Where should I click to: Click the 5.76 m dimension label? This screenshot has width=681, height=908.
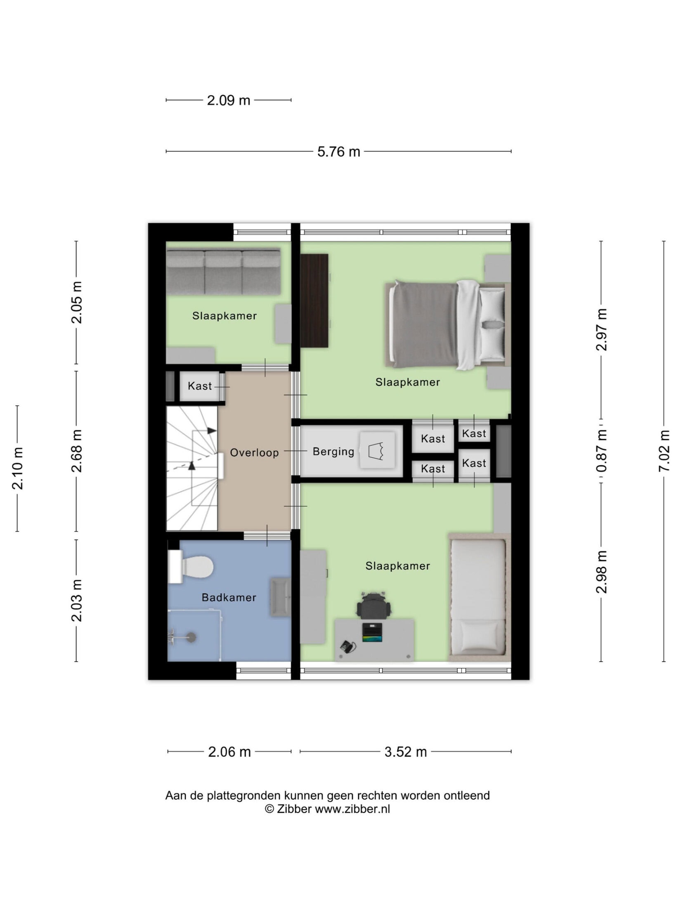click(338, 152)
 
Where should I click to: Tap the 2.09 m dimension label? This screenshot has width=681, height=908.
click(228, 100)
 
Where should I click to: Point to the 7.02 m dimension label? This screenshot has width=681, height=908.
click(664, 451)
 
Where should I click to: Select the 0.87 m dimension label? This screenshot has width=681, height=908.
click(601, 451)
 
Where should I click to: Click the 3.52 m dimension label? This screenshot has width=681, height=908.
click(405, 752)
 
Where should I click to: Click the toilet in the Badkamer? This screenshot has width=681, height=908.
click(191, 566)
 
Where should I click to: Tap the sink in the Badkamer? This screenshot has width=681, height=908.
click(280, 597)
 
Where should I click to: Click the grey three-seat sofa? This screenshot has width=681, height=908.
click(223, 272)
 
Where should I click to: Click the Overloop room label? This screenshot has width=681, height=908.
click(254, 453)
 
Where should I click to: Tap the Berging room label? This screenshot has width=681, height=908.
click(333, 452)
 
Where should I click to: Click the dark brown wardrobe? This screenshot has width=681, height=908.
click(314, 300)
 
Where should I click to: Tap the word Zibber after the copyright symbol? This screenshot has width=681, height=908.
click(294, 809)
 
